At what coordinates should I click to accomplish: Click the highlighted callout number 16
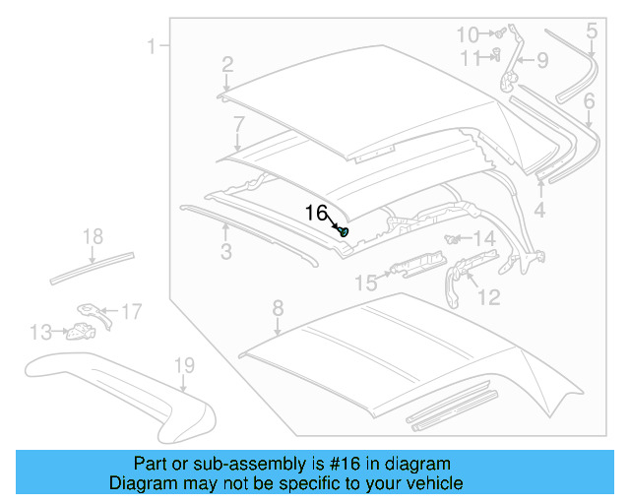(x=316, y=213)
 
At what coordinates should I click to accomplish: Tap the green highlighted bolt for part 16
(x=344, y=231)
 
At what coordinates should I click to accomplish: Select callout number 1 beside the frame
(x=153, y=45)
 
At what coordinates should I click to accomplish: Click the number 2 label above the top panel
(x=227, y=65)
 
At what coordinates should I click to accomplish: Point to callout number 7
(x=238, y=124)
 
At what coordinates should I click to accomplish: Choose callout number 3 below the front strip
(x=225, y=253)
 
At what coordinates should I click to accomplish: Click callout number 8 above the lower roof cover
(x=278, y=306)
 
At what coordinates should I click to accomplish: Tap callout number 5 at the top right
(x=591, y=31)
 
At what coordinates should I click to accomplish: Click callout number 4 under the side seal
(x=539, y=210)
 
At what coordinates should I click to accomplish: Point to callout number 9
(x=541, y=61)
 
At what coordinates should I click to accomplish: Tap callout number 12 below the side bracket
(x=488, y=296)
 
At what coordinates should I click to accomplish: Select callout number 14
(x=483, y=239)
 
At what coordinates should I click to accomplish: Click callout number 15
(x=365, y=283)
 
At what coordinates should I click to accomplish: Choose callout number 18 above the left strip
(x=93, y=236)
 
